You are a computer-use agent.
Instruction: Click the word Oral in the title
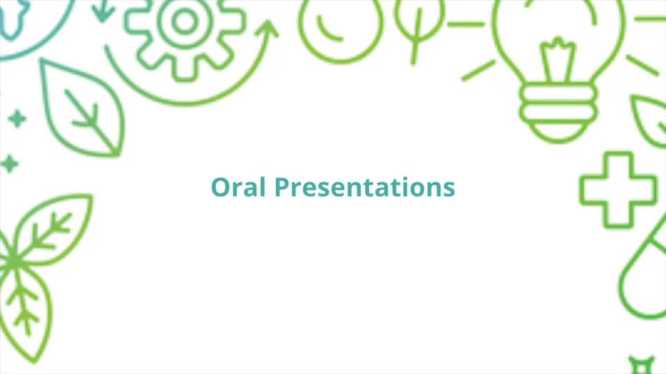click(238, 186)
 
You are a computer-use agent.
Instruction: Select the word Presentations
click(365, 187)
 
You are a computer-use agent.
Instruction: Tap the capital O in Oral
click(221, 187)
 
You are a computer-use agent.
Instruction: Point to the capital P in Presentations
click(282, 187)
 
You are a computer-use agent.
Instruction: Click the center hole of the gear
click(185, 21)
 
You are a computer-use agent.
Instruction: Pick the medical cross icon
click(618, 190)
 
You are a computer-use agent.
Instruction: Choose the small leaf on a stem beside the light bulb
click(419, 26)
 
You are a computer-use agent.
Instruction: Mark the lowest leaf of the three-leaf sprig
click(26, 314)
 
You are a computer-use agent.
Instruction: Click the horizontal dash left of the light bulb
click(466, 25)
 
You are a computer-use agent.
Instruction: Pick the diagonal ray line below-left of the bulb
click(479, 71)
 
